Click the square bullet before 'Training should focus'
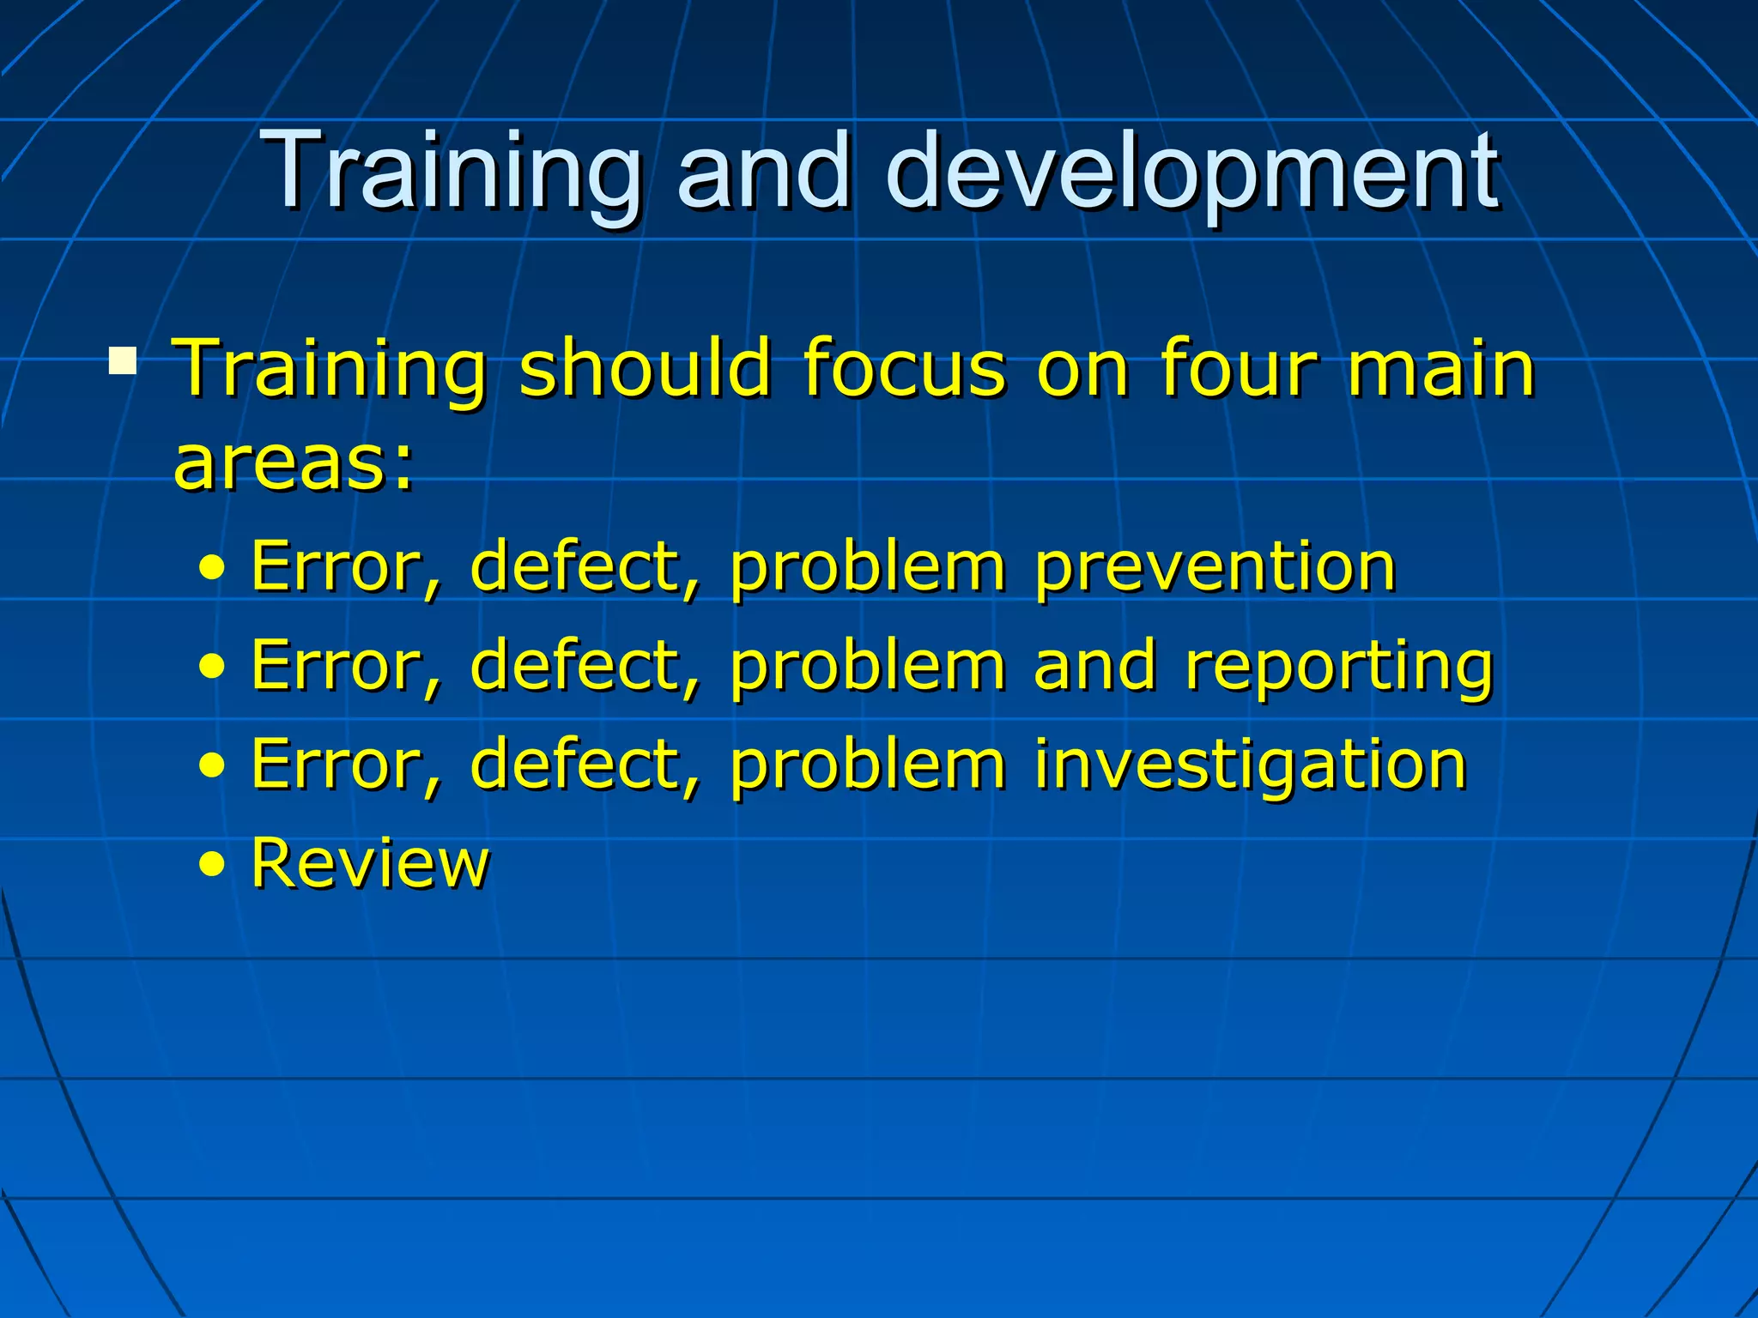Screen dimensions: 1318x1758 [x=123, y=360]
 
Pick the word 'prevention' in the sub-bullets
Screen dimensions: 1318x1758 [x=1215, y=568]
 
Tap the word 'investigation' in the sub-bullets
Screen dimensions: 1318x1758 [x=1250, y=764]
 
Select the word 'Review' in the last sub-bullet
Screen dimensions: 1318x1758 [x=370, y=863]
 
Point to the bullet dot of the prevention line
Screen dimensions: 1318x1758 [x=211, y=568]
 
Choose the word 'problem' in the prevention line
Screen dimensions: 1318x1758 [x=867, y=568]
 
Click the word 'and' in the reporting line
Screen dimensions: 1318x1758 [x=1094, y=666]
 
